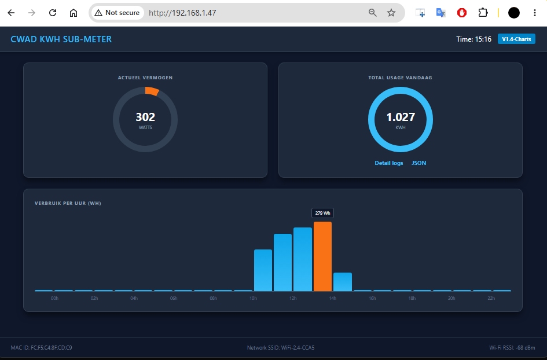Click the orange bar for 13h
point(322,256)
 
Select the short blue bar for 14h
point(343,282)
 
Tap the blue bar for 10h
point(263,270)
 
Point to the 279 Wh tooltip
point(322,213)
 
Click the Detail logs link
point(388,163)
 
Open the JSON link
point(418,163)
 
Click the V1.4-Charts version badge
point(516,39)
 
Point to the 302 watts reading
point(145,117)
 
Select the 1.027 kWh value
point(401,117)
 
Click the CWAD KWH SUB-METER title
point(61,39)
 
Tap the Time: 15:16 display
point(473,39)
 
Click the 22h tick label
point(491,298)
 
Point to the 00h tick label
point(54,298)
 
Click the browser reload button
point(53,13)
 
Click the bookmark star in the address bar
point(391,13)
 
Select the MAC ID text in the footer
point(42,347)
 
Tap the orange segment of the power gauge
point(152,91)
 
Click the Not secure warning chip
point(117,13)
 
